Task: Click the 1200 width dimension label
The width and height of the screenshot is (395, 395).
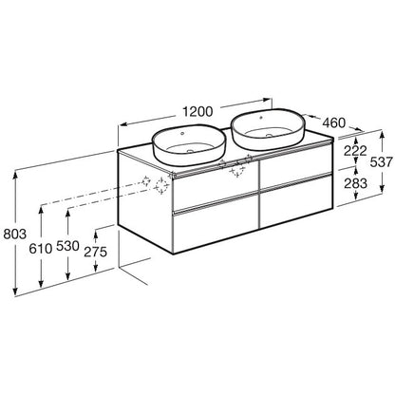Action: pos(198,111)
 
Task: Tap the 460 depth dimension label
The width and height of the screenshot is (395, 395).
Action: pos(334,122)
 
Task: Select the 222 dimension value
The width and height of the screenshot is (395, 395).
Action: pos(355,151)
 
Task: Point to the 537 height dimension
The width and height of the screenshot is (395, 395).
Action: pos(382,162)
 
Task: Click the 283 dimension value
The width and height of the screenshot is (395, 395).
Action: pos(355,183)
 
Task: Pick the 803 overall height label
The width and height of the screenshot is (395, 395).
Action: pos(14,235)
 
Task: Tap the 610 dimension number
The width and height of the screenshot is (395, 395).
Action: pos(41,249)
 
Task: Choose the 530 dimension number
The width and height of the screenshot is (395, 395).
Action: pos(67,246)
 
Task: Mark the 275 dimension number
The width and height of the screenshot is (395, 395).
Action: pos(96,252)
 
